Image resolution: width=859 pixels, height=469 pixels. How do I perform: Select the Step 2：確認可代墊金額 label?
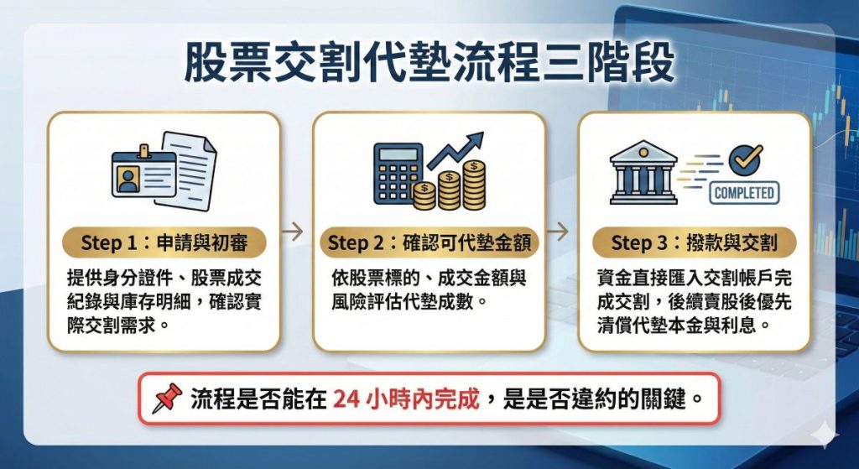tap(429, 243)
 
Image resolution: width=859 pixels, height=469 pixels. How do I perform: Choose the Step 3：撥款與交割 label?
tap(694, 243)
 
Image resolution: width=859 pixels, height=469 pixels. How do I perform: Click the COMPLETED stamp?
tap(743, 193)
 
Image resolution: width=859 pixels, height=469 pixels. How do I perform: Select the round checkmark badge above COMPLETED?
tap(745, 159)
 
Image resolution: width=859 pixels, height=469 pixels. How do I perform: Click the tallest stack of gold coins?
tap(475, 184)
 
